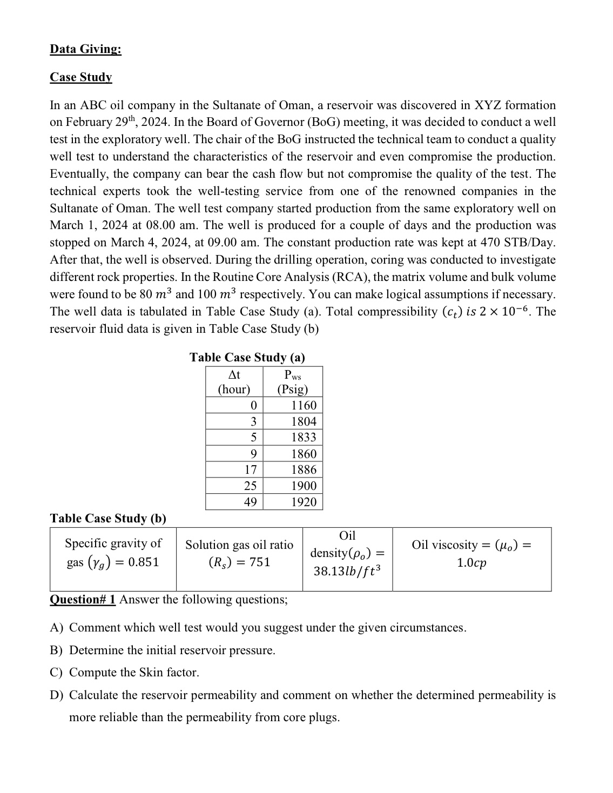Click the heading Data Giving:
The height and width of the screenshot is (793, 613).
tap(85, 49)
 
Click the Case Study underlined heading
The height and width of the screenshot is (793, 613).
tap(81, 77)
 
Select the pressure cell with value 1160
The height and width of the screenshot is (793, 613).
tap(304, 405)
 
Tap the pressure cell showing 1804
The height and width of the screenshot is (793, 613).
tap(304, 421)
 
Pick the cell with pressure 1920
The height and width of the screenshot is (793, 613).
tap(304, 502)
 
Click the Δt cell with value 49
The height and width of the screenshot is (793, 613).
tap(250, 502)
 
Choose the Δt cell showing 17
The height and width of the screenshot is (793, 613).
tap(250, 469)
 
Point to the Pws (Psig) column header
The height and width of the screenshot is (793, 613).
tap(292, 382)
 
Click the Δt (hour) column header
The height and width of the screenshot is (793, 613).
tap(234, 382)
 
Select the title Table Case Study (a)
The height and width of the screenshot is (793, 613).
tap(247, 357)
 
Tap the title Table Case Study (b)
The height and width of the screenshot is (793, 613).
tap(108, 518)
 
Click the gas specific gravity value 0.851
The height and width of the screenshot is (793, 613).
tap(143, 562)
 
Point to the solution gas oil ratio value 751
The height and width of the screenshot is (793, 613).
tap(260, 562)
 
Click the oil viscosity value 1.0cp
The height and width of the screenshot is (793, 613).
tap(471, 563)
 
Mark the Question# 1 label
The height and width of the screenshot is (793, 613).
tap(83, 600)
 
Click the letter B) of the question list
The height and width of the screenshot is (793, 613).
tap(57, 650)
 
